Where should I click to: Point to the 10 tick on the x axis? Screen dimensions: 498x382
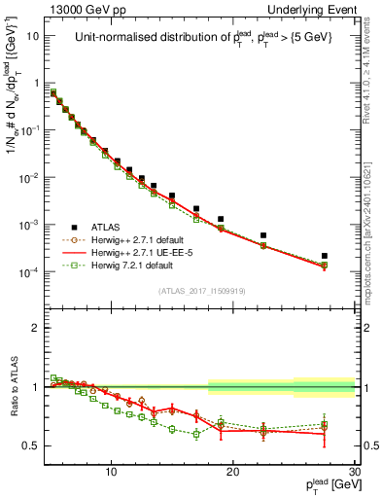pos(112,472)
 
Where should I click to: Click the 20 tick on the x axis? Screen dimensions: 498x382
pos(233,472)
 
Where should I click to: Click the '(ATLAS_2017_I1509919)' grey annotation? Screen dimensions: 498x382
pos(202,291)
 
